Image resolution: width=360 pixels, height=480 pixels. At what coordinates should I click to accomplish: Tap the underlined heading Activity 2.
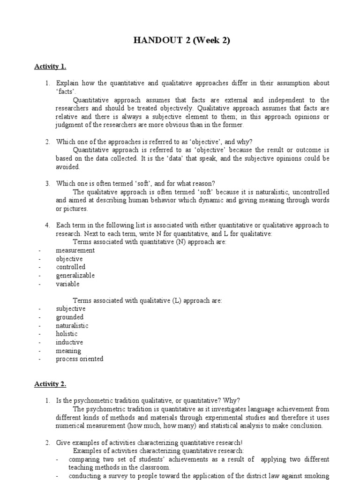tap(50, 384)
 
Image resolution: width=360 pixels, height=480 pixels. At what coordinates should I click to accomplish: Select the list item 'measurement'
tap(75, 250)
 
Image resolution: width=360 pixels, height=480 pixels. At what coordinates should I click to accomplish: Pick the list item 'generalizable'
tap(75, 276)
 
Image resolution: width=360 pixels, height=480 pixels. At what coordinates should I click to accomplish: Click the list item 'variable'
tap(68, 284)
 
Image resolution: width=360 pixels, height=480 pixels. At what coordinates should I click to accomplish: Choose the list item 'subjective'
tap(71, 309)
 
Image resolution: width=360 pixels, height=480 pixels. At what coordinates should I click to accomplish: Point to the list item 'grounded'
tap(70, 317)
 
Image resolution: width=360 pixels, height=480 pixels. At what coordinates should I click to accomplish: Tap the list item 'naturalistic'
tap(72, 326)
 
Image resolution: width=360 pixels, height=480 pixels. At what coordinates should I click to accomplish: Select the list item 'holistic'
tap(67, 334)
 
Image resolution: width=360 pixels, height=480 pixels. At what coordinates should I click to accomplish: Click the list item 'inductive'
tap(69, 343)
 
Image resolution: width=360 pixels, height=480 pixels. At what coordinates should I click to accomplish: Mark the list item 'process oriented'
tap(80, 360)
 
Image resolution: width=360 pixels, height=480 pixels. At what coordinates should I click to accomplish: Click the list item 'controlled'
tap(71, 267)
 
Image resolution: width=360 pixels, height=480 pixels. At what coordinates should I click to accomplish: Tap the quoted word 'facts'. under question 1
tap(66, 91)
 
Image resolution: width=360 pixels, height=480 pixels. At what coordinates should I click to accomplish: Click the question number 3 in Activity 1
tap(47, 183)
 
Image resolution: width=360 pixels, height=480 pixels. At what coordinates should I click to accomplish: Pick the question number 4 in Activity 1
tap(47, 225)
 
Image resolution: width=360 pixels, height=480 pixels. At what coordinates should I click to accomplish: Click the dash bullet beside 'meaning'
tap(40, 351)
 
